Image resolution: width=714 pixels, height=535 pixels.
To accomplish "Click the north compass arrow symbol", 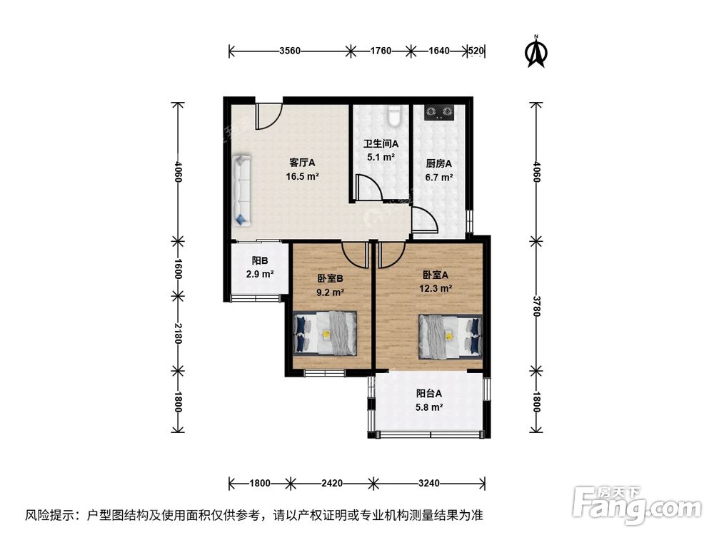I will point(536,53).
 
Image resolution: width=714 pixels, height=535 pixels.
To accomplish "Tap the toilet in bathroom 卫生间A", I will point(393,115).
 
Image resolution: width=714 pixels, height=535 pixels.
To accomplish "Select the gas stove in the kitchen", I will point(439,111).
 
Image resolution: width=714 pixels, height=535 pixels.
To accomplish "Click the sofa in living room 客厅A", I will point(241,190).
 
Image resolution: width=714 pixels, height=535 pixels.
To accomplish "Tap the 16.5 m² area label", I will point(302,175).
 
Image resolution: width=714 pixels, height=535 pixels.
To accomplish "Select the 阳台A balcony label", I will point(429,392).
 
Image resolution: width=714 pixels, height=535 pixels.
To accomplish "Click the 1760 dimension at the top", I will point(381,51).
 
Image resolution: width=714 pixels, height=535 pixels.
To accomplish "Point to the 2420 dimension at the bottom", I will point(332,483).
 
